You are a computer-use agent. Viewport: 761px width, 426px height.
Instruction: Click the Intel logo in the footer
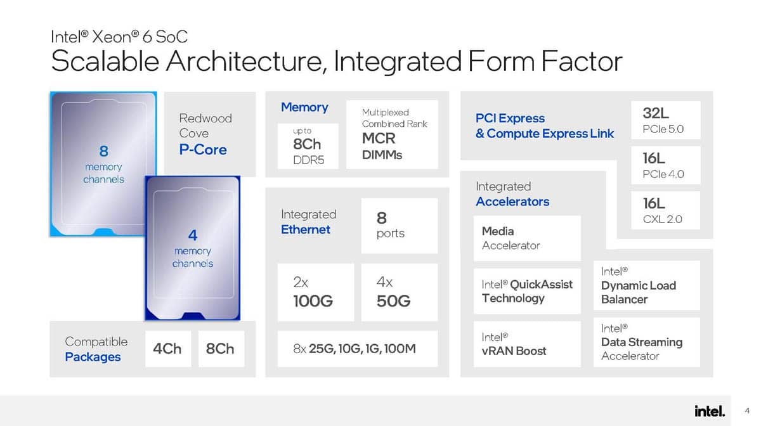(710, 411)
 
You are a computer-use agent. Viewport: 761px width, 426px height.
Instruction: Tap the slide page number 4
(747, 411)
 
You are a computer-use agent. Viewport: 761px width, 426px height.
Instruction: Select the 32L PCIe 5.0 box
(665, 120)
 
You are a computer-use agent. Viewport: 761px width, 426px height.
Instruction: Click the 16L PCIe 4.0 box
(665, 165)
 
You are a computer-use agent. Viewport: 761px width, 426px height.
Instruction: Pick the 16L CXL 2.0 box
(665, 210)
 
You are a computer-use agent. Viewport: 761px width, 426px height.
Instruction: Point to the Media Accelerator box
(527, 238)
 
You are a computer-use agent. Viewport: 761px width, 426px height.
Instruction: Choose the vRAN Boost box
(527, 344)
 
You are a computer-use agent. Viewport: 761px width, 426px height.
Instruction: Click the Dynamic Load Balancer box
(646, 285)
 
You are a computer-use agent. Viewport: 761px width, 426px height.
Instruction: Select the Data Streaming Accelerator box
(646, 342)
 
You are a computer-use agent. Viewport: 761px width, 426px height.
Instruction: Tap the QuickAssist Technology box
(527, 291)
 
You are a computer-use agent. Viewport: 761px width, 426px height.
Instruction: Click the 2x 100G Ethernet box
(316, 292)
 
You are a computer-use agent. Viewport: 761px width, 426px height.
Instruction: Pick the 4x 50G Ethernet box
(399, 292)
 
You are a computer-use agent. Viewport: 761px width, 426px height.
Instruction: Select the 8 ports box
(399, 226)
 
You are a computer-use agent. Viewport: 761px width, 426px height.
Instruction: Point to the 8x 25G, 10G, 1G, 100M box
(358, 349)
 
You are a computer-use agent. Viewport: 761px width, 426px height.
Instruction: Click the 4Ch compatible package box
(168, 349)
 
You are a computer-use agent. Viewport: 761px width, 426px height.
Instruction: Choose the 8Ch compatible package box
(221, 349)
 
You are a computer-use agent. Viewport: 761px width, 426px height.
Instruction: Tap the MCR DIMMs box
(392, 134)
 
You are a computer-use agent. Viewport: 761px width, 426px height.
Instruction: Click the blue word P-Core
(203, 150)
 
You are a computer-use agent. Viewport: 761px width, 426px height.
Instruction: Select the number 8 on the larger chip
(103, 151)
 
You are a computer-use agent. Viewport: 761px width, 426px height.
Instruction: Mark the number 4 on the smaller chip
(193, 235)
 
